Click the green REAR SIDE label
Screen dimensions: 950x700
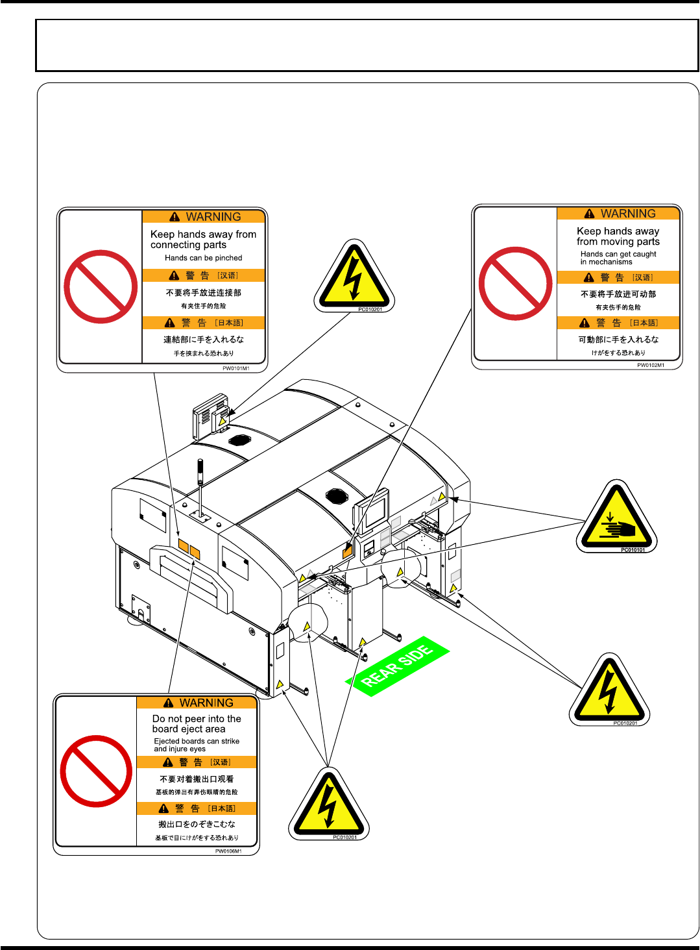(x=397, y=667)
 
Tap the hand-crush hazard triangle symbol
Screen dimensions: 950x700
(x=616, y=518)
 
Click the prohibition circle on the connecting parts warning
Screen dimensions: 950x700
(x=101, y=286)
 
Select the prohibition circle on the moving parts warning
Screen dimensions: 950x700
(x=515, y=284)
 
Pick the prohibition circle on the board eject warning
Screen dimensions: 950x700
(x=96, y=771)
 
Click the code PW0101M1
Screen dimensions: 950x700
(x=236, y=368)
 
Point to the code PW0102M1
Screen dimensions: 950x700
(x=651, y=365)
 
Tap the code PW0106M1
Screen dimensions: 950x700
(x=228, y=851)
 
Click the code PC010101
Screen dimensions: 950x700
(x=633, y=550)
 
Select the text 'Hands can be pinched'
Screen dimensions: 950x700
(x=203, y=258)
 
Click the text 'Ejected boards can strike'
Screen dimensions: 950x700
(x=197, y=741)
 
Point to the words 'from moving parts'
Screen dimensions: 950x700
(x=618, y=242)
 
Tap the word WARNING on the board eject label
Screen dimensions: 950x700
(x=206, y=703)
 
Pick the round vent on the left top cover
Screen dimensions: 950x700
(x=239, y=440)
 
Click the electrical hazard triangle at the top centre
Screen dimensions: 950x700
(x=354, y=279)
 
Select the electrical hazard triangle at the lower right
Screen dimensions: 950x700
(x=608, y=692)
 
